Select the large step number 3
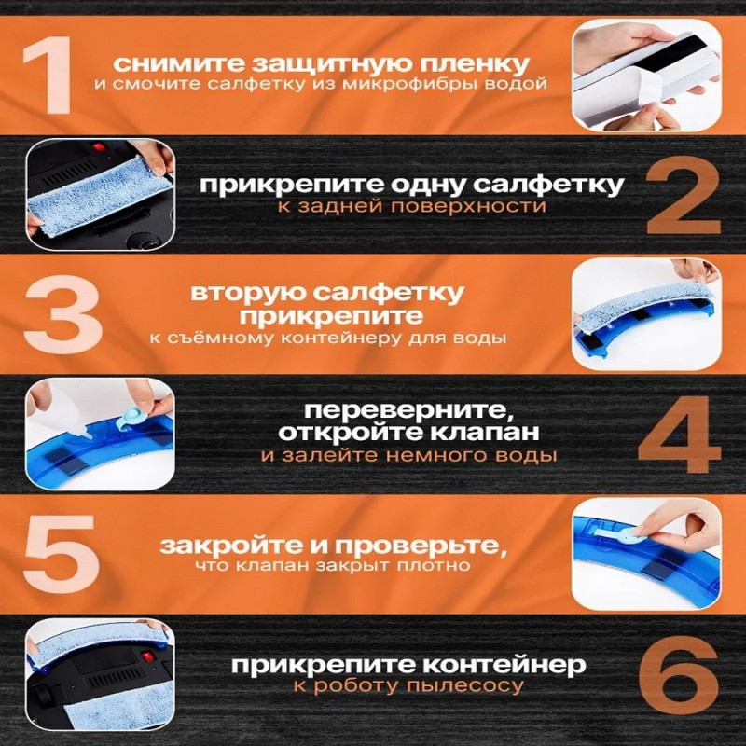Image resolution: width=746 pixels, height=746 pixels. (x=62, y=314)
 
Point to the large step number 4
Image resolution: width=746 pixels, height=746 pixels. (x=680, y=434)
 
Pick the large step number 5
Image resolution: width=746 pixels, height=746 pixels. (x=62, y=553)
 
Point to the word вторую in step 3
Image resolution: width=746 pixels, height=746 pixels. (x=248, y=293)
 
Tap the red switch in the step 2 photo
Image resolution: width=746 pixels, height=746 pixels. (x=99, y=147)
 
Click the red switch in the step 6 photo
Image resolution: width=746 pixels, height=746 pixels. (x=147, y=657)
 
